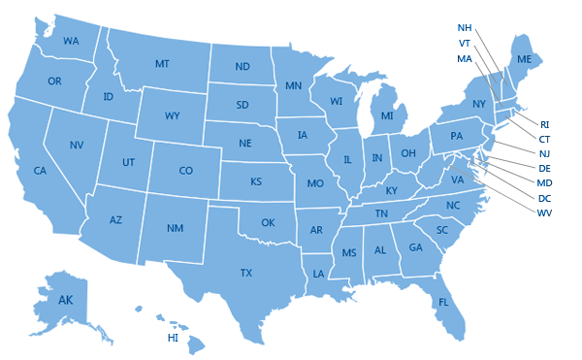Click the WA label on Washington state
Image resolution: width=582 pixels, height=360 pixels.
tap(71, 42)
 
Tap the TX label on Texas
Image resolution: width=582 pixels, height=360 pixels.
tap(246, 274)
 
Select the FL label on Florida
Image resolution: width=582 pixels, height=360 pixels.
tap(443, 302)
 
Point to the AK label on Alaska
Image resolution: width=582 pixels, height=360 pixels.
tap(65, 300)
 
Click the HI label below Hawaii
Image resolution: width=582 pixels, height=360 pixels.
tap(173, 339)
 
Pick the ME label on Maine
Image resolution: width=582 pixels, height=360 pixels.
tap(524, 60)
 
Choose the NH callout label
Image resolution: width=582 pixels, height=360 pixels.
tap(465, 27)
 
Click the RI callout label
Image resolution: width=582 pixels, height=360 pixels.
tap(544, 124)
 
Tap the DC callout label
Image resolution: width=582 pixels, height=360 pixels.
tap(544, 198)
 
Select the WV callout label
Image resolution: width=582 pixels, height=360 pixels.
tap(544, 213)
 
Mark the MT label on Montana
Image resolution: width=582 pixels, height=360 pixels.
tap(163, 64)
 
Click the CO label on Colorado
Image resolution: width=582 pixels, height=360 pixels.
tap(185, 171)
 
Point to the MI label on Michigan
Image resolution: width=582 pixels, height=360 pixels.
tap(387, 116)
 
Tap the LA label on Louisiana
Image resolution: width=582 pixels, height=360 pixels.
tap(317, 275)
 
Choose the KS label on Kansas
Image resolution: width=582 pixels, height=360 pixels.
tap(256, 181)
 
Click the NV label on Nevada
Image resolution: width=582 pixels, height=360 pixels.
tap(77, 145)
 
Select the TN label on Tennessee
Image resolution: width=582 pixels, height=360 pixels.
tap(382, 213)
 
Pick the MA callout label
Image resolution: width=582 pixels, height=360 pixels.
tap(464, 58)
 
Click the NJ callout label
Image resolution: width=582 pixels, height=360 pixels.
tap(544, 153)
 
